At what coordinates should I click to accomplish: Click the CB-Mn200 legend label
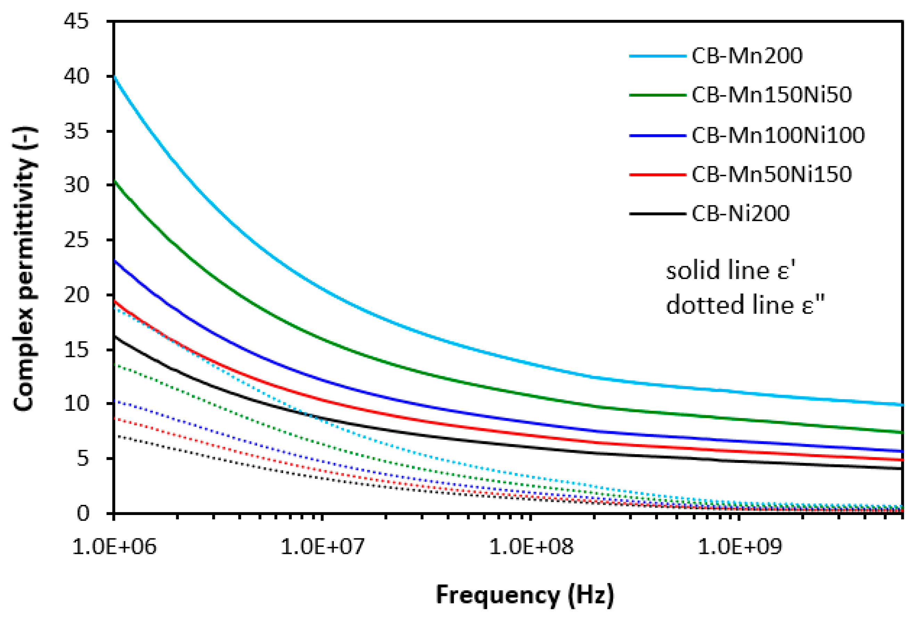point(746,56)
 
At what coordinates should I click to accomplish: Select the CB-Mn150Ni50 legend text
point(771,95)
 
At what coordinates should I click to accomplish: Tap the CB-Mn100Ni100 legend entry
point(778,135)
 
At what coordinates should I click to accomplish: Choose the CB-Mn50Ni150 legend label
point(771,174)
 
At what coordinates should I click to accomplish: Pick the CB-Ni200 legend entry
point(740,214)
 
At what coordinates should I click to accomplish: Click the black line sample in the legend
point(658,214)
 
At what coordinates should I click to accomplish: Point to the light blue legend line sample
point(658,56)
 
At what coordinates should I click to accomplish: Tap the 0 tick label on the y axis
point(83,513)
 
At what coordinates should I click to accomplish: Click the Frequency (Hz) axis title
point(525,595)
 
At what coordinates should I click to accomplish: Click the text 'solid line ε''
point(730,271)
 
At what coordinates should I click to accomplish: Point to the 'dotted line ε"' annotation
point(745,305)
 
